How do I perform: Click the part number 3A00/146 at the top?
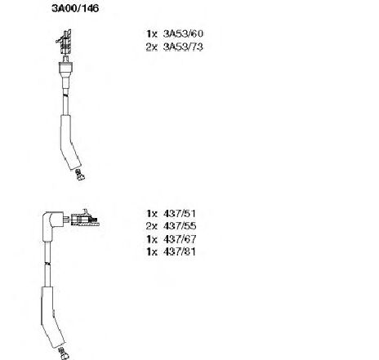75,8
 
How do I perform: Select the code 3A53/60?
183,33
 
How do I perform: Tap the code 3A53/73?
183,47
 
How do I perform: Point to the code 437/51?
180,213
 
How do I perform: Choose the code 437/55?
180,226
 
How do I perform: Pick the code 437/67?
180,239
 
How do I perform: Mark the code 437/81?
180,251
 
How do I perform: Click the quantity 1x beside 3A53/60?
152,34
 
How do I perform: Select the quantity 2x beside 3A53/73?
152,47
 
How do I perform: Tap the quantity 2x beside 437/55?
152,226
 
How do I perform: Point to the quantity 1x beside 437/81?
152,251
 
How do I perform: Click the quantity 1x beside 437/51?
152,214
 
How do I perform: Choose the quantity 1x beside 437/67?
152,239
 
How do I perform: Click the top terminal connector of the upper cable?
65,42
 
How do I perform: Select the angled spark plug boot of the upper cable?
69,143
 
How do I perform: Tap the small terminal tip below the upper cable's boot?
79,175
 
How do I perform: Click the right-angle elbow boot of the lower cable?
52,225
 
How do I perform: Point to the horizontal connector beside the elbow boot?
84,219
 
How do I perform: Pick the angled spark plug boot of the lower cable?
51,317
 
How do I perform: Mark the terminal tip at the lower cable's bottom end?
64,353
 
